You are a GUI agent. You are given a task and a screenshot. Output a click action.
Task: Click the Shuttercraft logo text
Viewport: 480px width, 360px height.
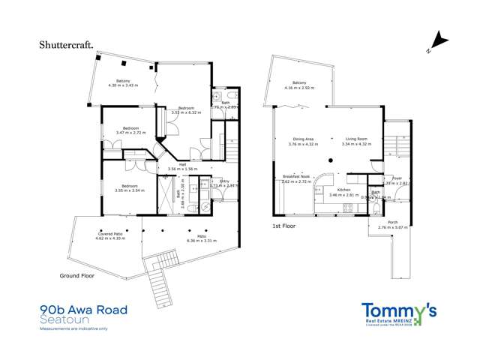tap(66, 45)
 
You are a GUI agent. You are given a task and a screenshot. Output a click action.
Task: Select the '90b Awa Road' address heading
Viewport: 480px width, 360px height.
tap(83, 310)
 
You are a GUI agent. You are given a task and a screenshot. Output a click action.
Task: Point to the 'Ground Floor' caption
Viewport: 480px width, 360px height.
tap(79, 276)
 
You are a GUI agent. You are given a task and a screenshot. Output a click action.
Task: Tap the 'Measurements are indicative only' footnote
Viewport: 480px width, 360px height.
tap(73, 328)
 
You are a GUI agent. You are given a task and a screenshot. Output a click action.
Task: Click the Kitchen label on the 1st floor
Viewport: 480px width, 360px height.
tap(343, 190)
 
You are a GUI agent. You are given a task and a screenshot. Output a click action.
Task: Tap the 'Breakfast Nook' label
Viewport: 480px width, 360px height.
tap(295, 177)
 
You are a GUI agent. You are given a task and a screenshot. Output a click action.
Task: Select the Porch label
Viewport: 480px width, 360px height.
tap(391, 223)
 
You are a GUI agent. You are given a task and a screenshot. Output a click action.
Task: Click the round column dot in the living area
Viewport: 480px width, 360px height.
tap(331, 160)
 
